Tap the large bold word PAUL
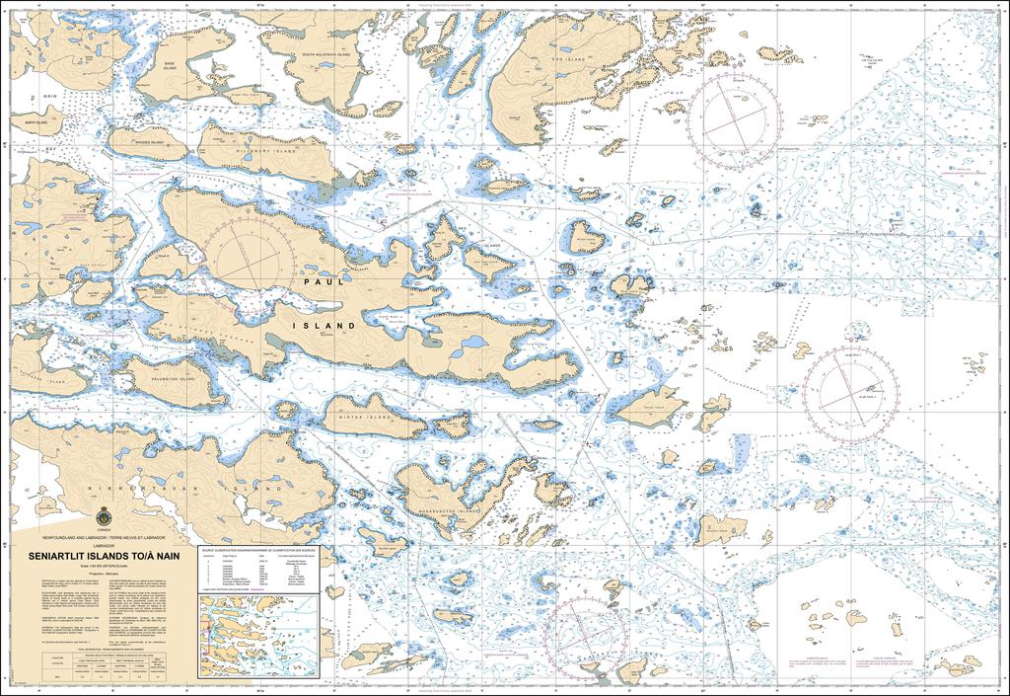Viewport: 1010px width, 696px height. (325, 282)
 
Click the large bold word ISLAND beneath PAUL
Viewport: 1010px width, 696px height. (325, 325)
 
